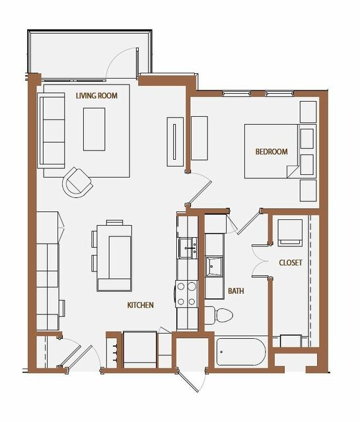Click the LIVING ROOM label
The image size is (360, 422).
pyautogui.click(x=96, y=96)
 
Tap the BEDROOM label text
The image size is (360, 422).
pyautogui.click(x=271, y=151)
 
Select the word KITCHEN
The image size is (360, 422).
pyautogui.click(x=140, y=305)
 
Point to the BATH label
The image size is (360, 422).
pyautogui.click(x=236, y=291)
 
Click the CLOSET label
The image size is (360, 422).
pyautogui.click(x=291, y=263)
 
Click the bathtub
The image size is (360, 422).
pyautogui.click(x=240, y=352)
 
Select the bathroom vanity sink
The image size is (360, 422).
pyautogui.click(x=214, y=267)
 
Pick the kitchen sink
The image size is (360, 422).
pyautogui.click(x=188, y=248)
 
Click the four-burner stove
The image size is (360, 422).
pyautogui.click(x=186, y=294)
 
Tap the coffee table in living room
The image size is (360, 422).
pyautogui.click(x=94, y=129)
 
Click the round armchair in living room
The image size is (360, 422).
pyautogui.click(x=77, y=182)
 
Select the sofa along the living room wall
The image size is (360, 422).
pyautogui.click(x=51, y=131)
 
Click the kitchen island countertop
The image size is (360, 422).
pyautogui.click(x=114, y=258)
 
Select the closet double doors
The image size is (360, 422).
pyautogui.click(x=258, y=261)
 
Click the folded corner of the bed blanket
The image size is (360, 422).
pyautogui.click(x=292, y=171)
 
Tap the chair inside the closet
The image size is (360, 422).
pyautogui.click(x=290, y=232)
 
